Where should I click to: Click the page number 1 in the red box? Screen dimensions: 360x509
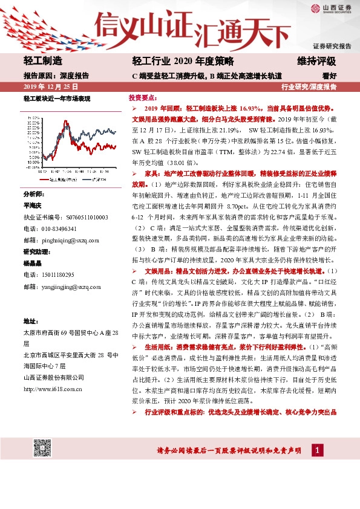point(317,450)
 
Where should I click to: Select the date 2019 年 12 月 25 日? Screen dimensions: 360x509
point(46,87)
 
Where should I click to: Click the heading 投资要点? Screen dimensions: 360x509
point(143,97)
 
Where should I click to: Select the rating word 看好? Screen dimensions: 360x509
point(329,76)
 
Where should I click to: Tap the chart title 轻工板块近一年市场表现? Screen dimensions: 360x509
point(57,98)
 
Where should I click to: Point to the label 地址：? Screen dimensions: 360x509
point(31,320)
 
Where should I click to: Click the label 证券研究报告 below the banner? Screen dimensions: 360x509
point(332,46)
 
